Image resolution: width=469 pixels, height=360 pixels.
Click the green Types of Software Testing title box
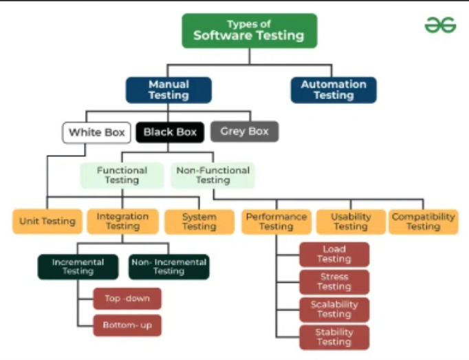250,30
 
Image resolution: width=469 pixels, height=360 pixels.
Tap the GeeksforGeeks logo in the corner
440,25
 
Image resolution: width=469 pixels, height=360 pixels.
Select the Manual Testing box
168,90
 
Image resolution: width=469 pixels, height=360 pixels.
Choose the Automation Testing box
334,90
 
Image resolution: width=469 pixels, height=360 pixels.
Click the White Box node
96,132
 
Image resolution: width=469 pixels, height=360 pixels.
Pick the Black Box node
170,132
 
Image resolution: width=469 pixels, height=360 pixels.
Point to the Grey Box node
244,131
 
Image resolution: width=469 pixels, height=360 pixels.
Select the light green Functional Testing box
122,176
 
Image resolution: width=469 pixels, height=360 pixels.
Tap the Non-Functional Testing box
212,176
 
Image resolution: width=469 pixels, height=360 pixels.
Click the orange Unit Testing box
47,222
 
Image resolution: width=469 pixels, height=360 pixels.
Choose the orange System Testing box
199,222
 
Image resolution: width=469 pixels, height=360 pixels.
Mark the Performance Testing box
276,222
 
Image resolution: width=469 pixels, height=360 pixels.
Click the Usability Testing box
351,222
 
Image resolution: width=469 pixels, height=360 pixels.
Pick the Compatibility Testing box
423,222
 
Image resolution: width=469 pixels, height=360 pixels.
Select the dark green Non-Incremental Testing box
169,267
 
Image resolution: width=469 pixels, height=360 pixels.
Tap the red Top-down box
127,299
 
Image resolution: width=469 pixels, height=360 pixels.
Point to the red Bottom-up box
127,326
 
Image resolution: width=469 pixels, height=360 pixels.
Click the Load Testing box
334,254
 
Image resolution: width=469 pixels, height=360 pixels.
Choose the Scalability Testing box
334,310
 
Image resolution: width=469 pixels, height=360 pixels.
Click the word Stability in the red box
334,332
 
